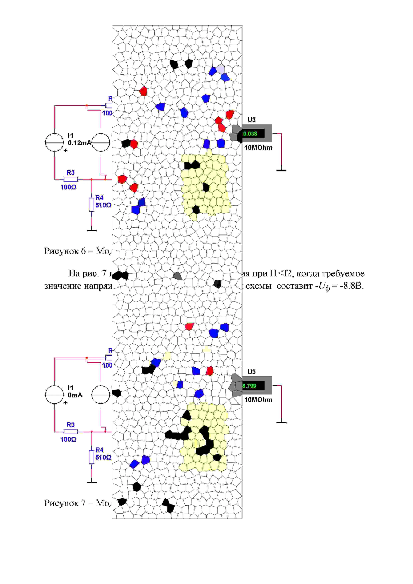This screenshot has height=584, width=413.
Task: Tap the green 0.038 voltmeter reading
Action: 250,134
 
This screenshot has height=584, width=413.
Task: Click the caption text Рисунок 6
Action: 65,251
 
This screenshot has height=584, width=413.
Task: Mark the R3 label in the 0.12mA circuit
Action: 70,173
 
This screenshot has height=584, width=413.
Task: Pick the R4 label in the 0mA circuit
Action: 99,450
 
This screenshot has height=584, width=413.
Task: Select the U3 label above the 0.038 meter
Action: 251,120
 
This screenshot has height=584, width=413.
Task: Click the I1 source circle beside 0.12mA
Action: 54,143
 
